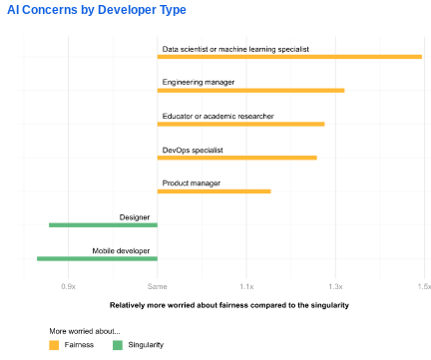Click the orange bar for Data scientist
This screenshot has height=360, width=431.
pos(289,57)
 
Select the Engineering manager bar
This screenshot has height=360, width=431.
pos(251,91)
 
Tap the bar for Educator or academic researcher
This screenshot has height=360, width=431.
pos(241,125)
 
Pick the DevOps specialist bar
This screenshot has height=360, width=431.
pos(237,158)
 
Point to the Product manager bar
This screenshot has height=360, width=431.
pos(215,191)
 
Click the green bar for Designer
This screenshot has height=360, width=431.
pos(103,225)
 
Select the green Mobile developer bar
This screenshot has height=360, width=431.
pos(97,258)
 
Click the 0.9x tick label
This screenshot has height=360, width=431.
pos(69,286)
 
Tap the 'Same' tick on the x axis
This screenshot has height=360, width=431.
pos(158,286)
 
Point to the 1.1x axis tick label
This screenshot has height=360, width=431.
pos(246,286)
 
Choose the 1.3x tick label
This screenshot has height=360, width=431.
pos(336,286)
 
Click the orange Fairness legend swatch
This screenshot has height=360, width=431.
pos(54,345)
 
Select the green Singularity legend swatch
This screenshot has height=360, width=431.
pos(118,345)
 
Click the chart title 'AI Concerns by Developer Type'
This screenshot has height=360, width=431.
pos(97,10)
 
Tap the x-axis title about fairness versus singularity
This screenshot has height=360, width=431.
pos(229,305)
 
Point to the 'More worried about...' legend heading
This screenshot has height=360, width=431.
pos(85,331)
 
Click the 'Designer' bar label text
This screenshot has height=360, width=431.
pos(135,217)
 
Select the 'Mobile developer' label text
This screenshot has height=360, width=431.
pos(121,251)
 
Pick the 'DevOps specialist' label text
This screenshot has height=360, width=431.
pos(193,151)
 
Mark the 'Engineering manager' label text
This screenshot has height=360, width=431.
pos(199,82)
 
